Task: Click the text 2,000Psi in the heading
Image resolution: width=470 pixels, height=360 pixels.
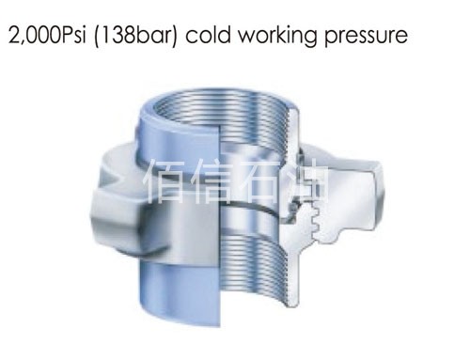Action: [44, 37]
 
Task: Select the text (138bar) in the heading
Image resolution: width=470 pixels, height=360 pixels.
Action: [132, 37]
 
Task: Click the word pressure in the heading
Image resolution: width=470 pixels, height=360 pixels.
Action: [362, 37]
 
